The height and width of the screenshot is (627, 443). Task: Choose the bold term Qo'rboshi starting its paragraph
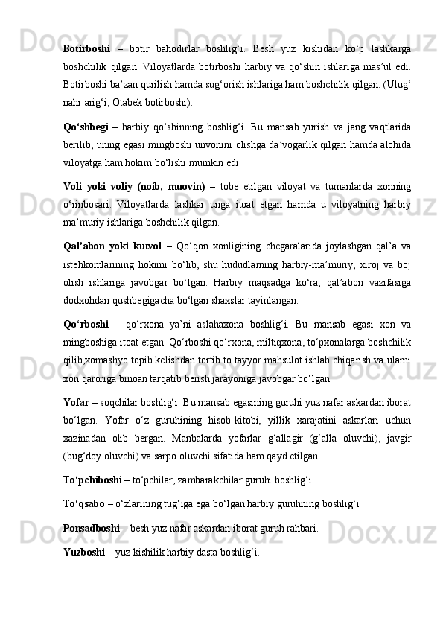tap(86, 324)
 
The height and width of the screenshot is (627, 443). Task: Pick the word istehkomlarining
tap(100, 264)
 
